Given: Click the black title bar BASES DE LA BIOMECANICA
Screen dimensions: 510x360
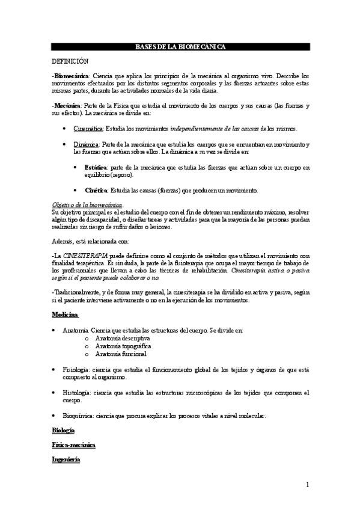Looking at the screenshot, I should (180, 47).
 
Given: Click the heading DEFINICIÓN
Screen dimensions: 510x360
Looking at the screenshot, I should (70, 61).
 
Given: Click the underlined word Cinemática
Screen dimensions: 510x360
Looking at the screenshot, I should (88, 129).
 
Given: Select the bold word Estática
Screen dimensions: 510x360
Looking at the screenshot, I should (96, 167).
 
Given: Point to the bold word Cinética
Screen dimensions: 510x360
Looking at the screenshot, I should (96, 191).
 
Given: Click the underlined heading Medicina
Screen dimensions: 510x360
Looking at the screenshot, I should (65, 315).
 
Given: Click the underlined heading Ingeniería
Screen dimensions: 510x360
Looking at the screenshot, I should (66, 459).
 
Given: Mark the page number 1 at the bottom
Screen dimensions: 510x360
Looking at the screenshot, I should (307, 485).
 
